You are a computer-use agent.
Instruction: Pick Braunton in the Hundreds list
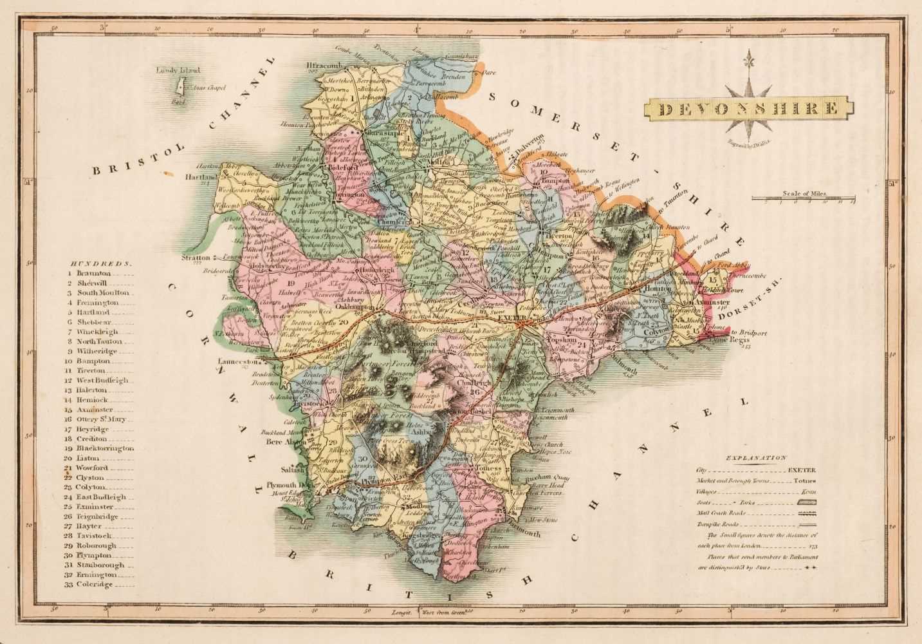93,273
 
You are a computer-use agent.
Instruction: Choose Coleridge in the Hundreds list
95,584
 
